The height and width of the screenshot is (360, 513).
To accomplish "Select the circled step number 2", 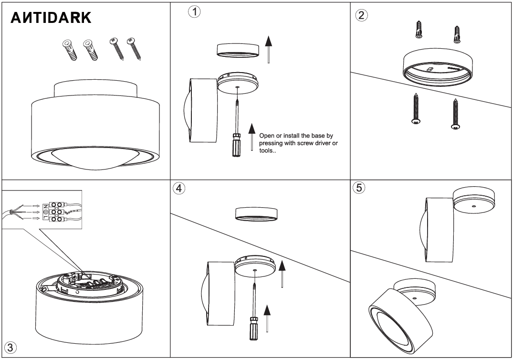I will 362,14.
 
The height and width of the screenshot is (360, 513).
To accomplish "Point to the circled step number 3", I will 10,346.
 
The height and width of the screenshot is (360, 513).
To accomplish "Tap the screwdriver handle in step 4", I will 252,328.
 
